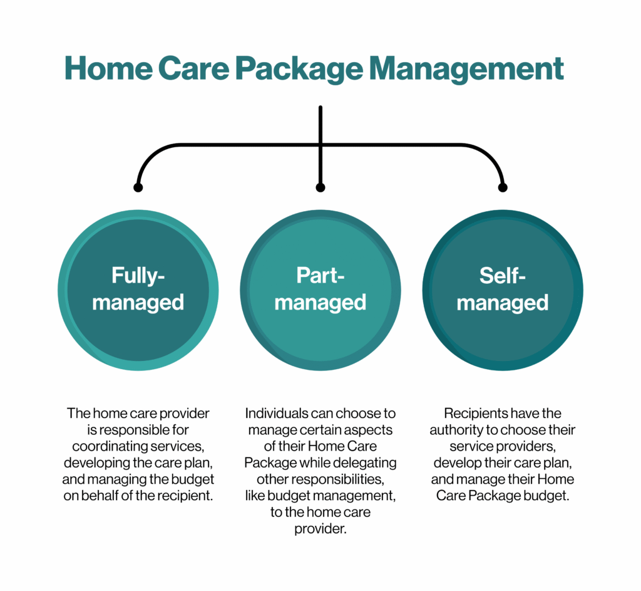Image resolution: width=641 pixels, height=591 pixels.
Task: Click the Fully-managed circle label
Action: (x=138, y=289)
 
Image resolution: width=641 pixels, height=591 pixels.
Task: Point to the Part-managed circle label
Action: (x=320, y=289)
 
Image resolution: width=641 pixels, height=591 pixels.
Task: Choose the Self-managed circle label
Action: (x=503, y=289)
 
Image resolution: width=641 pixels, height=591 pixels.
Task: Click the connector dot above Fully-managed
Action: (x=138, y=187)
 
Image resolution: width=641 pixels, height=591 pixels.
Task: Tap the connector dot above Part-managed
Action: (x=320, y=187)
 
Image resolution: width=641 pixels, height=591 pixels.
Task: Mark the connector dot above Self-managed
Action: (x=503, y=187)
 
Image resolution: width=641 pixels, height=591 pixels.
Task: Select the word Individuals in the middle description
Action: (x=274, y=414)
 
